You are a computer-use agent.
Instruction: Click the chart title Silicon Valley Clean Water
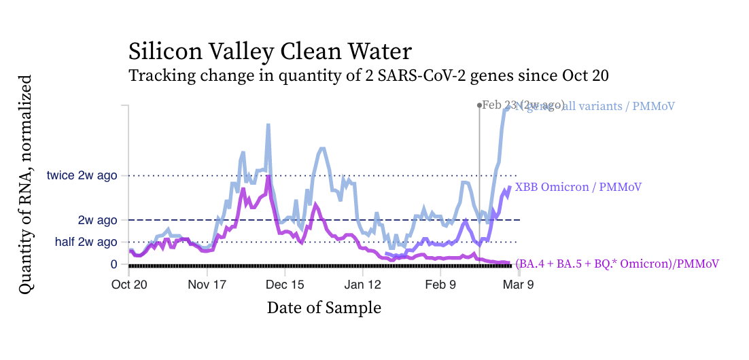pyautogui.click(x=270, y=52)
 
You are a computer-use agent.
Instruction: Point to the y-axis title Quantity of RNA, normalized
pyautogui.click(x=25, y=185)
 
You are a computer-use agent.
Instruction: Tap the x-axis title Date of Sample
pyautogui.click(x=324, y=308)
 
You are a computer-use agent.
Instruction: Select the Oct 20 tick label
pyautogui.click(x=129, y=285)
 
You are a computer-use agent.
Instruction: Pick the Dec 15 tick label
pyautogui.click(x=285, y=285)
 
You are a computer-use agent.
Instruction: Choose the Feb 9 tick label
pyautogui.click(x=440, y=285)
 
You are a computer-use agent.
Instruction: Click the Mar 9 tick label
pyautogui.click(x=518, y=285)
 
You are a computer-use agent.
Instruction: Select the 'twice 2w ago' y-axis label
pyautogui.click(x=82, y=175)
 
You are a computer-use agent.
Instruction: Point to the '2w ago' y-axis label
pyautogui.click(x=97, y=220)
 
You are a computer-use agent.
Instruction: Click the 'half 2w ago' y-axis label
pyautogui.click(x=86, y=242)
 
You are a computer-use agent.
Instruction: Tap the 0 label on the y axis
pyautogui.click(x=114, y=264)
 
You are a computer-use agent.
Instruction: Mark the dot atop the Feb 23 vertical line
pyautogui.click(x=479, y=105)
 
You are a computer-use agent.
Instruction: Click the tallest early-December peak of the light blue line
pyautogui.click(x=268, y=125)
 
